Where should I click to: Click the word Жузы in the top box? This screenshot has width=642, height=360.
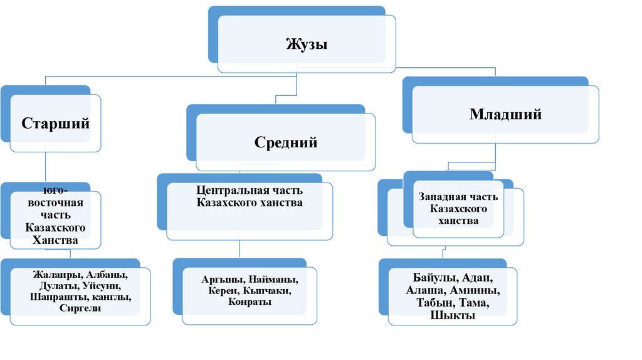307,45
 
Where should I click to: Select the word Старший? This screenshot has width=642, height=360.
56,123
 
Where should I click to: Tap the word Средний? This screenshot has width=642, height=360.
286,142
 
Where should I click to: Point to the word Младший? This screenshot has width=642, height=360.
505,115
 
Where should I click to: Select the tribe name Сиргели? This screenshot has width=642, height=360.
80,308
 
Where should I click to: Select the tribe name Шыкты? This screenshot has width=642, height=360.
453,315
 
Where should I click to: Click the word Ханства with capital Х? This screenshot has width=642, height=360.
56,240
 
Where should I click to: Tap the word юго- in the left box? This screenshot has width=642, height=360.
56,189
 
